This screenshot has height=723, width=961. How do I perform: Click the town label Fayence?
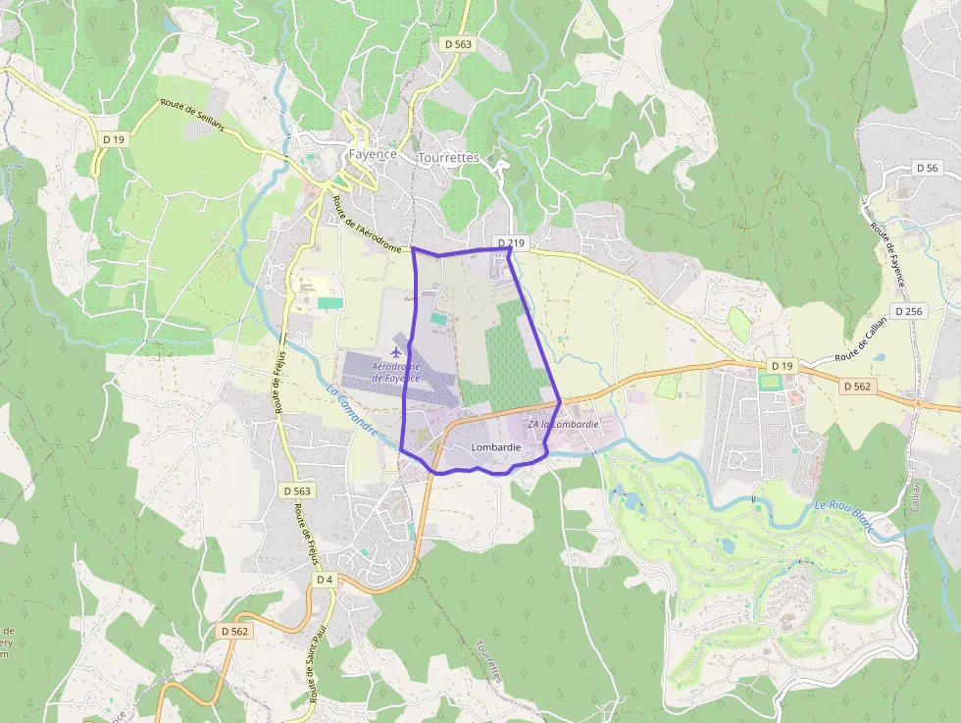(x=373, y=154)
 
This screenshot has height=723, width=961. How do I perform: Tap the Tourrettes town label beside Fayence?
(x=448, y=157)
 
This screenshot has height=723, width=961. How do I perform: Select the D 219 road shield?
(x=511, y=242)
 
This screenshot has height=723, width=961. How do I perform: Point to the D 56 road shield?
(x=926, y=168)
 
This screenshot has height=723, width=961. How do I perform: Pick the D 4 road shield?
(x=326, y=580)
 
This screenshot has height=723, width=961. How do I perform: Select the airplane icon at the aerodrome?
(x=396, y=351)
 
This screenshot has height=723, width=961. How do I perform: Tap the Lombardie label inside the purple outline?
(x=496, y=447)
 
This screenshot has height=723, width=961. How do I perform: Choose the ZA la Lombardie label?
(x=563, y=424)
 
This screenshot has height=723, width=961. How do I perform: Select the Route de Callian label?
(x=859, y=344)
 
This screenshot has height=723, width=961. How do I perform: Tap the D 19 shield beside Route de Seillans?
(x=114, y=139)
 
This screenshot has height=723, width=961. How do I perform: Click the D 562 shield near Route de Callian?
(x=856, y=387)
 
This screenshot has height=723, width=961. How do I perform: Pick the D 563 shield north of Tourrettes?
(x=458, y=44)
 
